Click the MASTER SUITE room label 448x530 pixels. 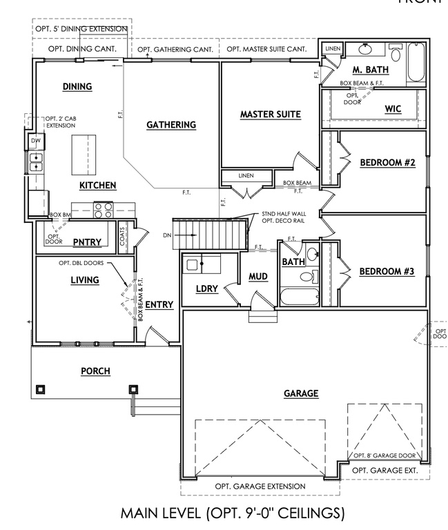coord(271,115)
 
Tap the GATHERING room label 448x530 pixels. coord(171,125)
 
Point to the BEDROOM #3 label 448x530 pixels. coord(387,272)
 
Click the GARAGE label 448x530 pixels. coord(301,393)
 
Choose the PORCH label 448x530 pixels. coord(95,371)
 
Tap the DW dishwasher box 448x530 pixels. coord(35,141)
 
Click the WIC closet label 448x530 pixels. coord(392,110)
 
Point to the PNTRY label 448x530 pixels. coord(88,241)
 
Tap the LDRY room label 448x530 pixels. coord(207,289)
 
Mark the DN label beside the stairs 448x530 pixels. coord(167,236)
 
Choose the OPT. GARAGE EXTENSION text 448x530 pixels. coord(260,487)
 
